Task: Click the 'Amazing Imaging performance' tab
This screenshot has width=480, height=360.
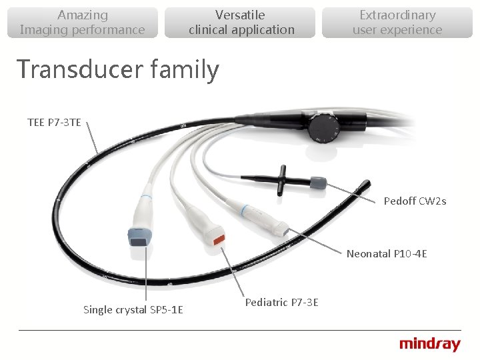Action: tap(82, 22)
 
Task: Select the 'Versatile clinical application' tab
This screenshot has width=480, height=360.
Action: tap(241, 22)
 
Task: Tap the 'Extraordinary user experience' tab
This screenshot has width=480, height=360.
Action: tap(397, 22)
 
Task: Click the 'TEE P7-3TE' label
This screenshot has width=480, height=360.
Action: tap(54, 122)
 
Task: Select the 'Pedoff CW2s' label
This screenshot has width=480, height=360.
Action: tap(415, 201)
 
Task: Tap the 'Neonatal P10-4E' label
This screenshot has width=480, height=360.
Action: tap(387, 253)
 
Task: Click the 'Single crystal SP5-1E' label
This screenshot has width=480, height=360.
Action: tap(133, 309)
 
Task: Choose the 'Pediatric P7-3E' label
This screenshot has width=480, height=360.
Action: tap(281, 303)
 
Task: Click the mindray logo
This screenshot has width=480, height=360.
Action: tap(429, 345)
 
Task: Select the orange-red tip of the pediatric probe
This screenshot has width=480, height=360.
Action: tap(217, 239)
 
